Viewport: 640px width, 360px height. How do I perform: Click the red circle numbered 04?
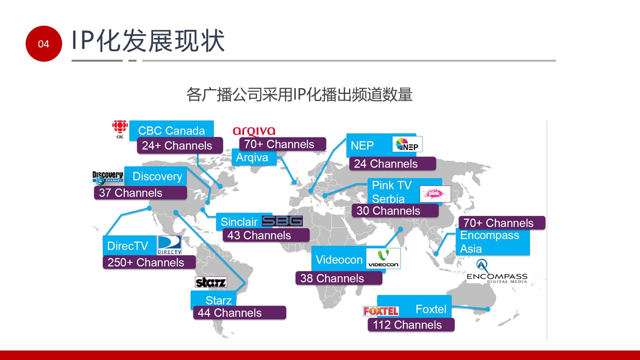point(44,44)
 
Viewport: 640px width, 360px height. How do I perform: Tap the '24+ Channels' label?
point(180,146)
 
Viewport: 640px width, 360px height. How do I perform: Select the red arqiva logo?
point(254,131)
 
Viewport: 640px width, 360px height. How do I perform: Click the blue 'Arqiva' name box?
point(254,157)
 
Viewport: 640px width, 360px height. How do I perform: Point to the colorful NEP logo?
point(407,144)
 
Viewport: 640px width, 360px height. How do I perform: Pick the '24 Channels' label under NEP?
point(392,164)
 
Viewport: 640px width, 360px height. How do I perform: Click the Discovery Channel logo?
point(108,178)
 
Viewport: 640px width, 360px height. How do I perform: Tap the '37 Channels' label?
point(140,193)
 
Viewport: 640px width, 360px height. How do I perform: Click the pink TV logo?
point(435,194)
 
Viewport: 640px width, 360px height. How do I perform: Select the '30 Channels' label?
point(395,211)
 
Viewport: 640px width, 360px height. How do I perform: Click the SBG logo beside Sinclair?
point(282,221)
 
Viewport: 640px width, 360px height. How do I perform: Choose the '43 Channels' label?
point(265,235)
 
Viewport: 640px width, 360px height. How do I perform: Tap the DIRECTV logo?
point(169,245)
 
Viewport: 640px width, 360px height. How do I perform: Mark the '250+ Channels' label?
point(149,262)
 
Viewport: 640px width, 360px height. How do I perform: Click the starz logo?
point(211,283)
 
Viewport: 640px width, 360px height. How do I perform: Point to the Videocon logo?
point(383,258)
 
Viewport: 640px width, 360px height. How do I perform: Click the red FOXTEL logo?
point(381,311)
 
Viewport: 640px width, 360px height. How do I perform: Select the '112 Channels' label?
point(411,325)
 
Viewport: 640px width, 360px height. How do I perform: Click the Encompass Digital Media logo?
point(497,272)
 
